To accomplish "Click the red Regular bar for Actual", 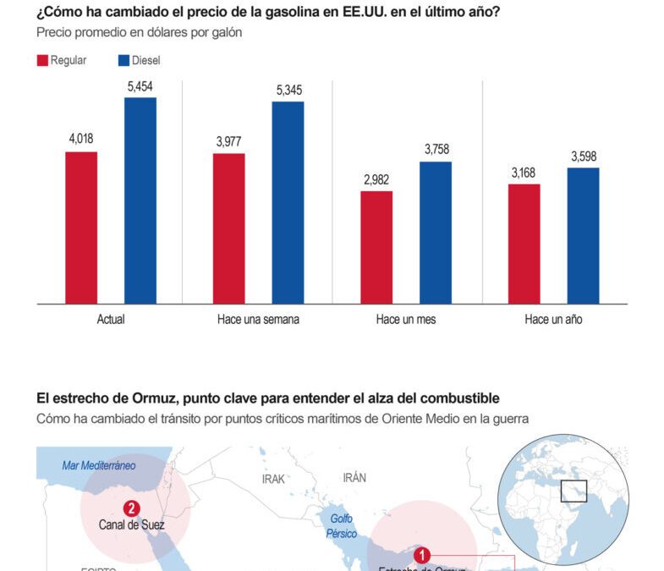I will [81, 228].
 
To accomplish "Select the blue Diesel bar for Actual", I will [140, 200].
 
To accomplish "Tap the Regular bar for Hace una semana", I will [228, 228].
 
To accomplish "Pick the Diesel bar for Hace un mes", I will [436, 233].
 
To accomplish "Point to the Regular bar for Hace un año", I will [524, 244].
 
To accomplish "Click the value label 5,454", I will [140, 86].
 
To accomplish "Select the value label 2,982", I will [376, 179].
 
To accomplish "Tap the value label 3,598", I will [584, 156].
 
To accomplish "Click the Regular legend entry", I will [61, 60].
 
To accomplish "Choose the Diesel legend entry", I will [139, 60].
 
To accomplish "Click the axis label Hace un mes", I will [406, 320].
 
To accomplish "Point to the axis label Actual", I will [111, 320].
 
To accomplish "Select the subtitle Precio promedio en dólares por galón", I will [139, 33].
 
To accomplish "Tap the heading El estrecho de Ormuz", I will [267, 398].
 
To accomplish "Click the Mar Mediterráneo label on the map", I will [99, 465].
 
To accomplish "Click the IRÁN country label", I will [354, 478].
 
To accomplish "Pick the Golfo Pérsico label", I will [342, 525].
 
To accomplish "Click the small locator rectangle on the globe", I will [573, 490].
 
